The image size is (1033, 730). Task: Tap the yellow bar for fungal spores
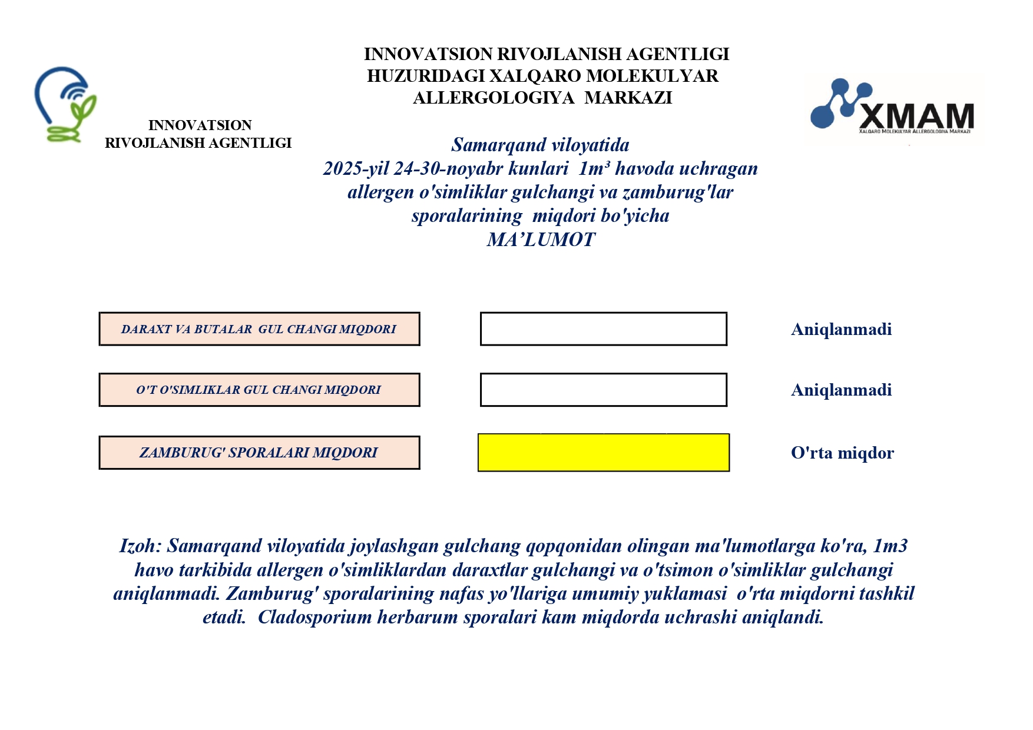[603, 453]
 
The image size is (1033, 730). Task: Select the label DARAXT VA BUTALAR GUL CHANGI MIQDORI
[259, 329]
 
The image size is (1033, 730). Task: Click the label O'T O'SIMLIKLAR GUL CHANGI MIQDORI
[259, 390]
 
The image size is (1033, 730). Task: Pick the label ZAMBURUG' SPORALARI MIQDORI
[259, 453]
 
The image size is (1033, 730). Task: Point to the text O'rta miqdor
[842, 453]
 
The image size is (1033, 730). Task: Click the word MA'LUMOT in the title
[541, 240]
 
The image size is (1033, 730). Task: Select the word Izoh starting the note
[139, 546]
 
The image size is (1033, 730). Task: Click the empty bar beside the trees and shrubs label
[603, 329]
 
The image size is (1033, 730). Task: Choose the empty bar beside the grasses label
[603, 390]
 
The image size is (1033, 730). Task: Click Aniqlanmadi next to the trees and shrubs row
[841, 329]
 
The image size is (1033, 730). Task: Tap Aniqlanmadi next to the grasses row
[841, 390]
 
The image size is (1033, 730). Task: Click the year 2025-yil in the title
[356, 169]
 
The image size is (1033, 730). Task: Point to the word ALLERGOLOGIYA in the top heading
[494, 98]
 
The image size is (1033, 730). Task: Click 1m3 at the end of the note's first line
[890, 546]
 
